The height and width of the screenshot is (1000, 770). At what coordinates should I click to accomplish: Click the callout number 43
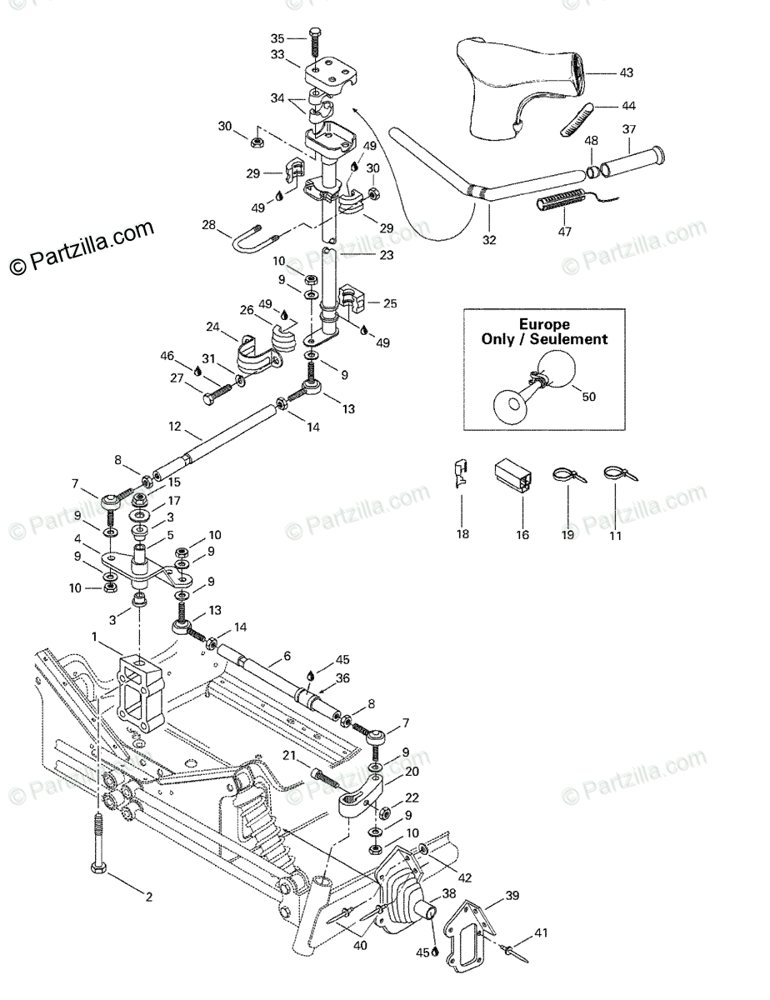(626, 73)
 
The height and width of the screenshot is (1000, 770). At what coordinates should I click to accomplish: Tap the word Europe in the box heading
(544, 323)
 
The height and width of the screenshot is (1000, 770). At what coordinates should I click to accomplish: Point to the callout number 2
(149, 897)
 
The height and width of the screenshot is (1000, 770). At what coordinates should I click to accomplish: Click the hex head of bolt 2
(97, 869)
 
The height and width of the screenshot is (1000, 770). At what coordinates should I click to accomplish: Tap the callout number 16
(522, 535)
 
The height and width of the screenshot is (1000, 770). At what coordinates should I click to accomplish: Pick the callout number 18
(462, 535)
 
